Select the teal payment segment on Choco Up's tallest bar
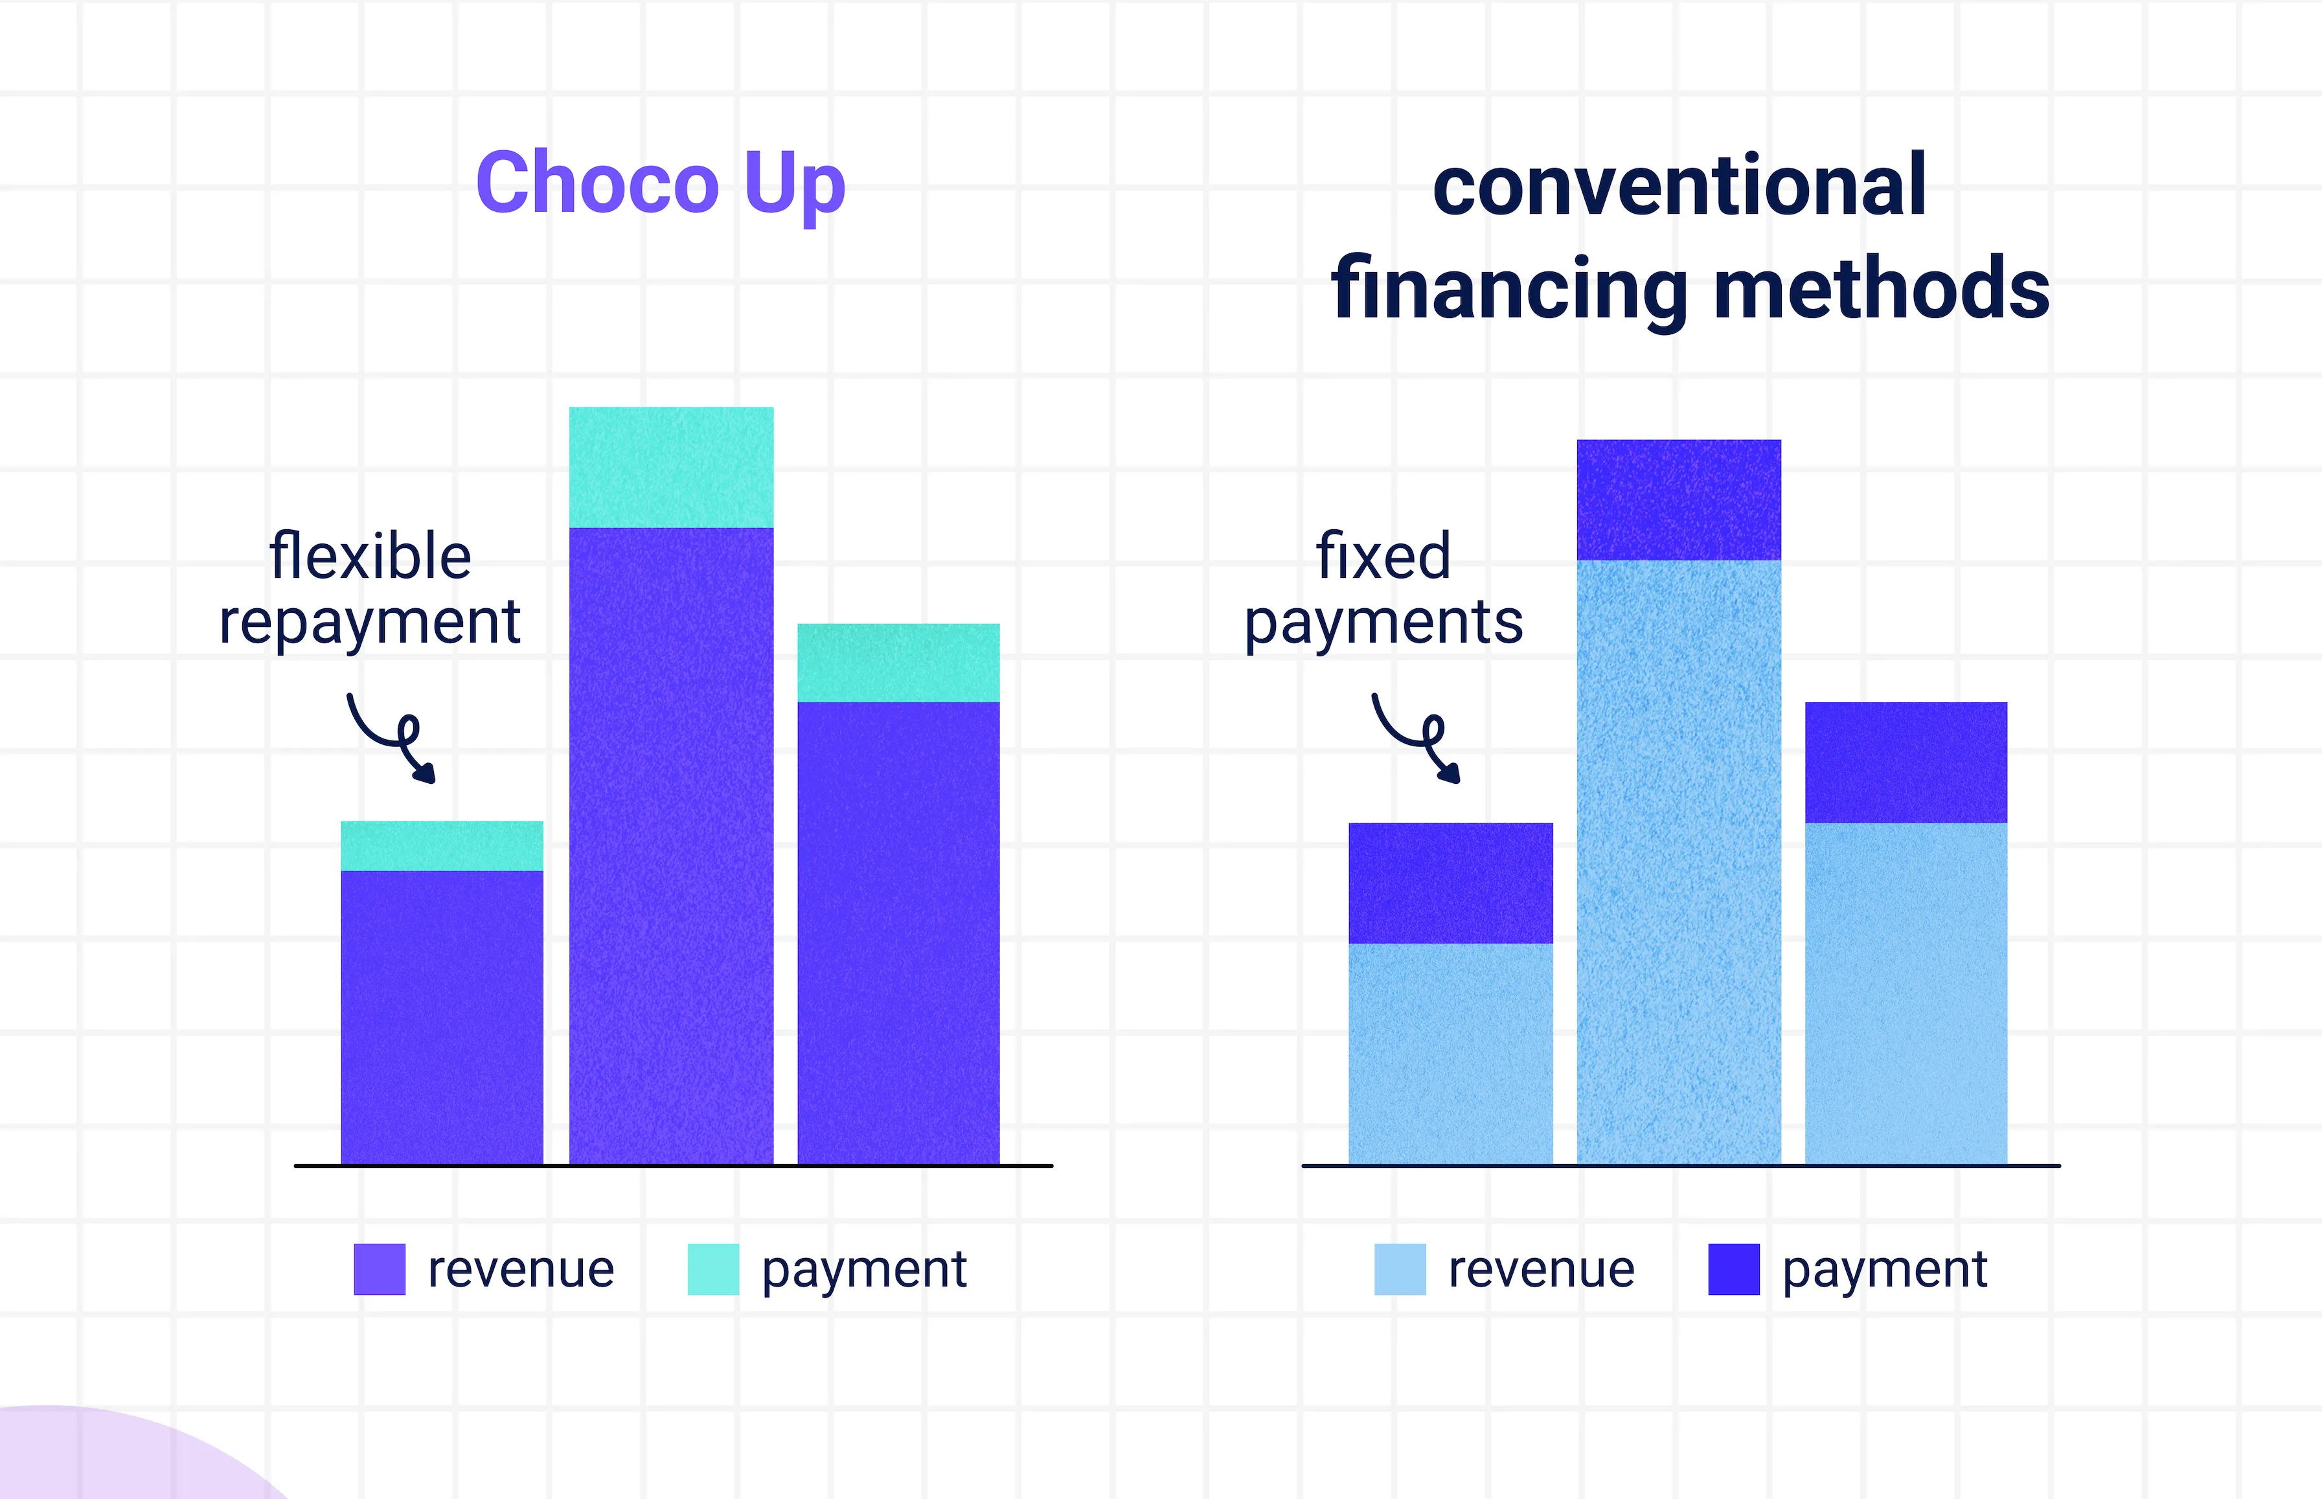click(x=672, y=467)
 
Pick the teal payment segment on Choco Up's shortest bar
click(x=442, y=846)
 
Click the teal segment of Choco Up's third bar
click(x=898, y=663)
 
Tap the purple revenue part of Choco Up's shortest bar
click(x=442, y=1017)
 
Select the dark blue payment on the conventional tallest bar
click(x=1679, y=500)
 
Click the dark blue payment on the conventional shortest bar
click(x=1450, y=884)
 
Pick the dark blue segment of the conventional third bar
click(x=1906, y=763)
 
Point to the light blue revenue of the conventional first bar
click(x=1450, y=1054)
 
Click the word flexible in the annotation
click(x=370, y=556)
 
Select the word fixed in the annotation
click(x=1383, y=556)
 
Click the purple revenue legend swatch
click(x=380, y=1269)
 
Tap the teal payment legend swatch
click(x=713, y=1269)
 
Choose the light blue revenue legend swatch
click(x=1400, y=1269)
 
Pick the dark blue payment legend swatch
click(x=1734, y=1269)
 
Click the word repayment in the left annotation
click(x=370, y=624)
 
